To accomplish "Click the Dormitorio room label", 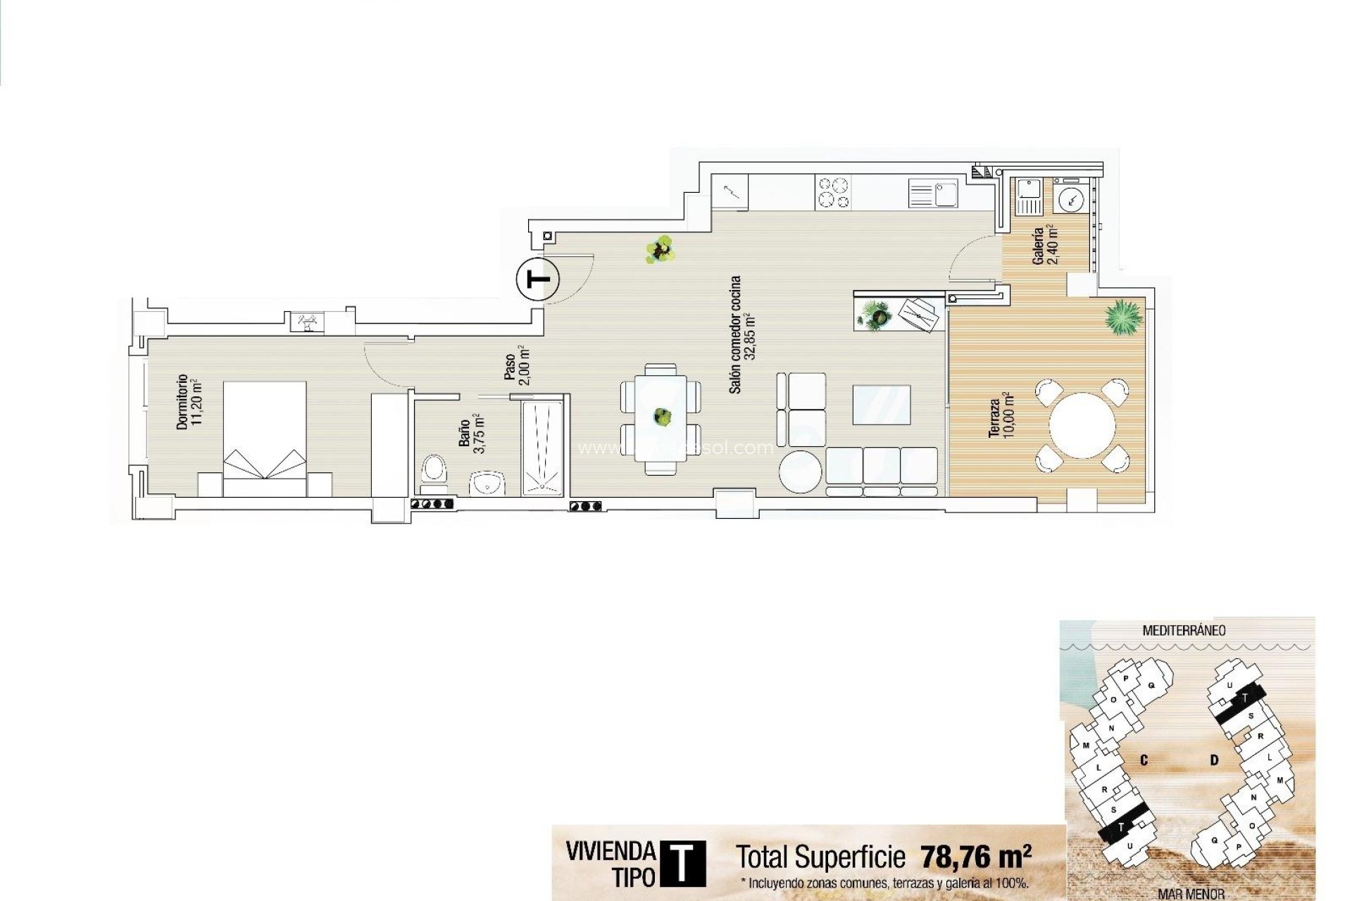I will tap(189, 401).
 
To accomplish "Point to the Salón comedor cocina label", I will tap(742, 334).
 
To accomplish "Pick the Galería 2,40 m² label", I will tap(1044, 245).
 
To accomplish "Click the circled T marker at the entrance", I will tap(538, 280).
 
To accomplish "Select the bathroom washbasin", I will tap(487, 484).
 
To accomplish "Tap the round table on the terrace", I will tap(1082, 425).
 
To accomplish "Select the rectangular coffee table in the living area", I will tap(881, 405).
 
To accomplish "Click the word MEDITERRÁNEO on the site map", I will tap(1183, 631).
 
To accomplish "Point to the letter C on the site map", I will tap(1144, 760).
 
